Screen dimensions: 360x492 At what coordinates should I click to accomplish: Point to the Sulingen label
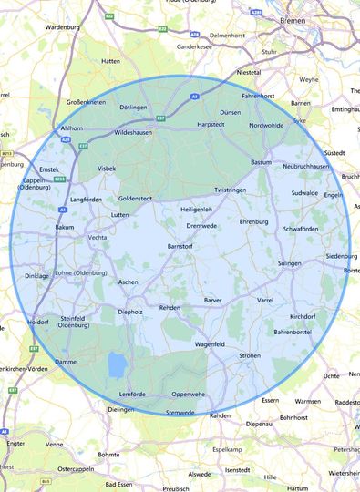point(289,262)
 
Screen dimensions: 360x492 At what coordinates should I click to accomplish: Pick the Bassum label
point(262,161)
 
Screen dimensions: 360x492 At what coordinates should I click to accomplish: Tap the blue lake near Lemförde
point(118,365)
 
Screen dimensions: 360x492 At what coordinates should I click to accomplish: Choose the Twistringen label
point(231,190)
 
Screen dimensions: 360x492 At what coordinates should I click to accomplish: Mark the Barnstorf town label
point(184,246)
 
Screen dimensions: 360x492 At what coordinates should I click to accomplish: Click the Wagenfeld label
point(210,344)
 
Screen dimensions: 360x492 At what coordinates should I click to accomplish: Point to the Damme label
point(67,362)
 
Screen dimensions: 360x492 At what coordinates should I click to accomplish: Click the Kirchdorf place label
point(303,316)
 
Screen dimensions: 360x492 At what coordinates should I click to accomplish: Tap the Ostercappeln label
point(77,468)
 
